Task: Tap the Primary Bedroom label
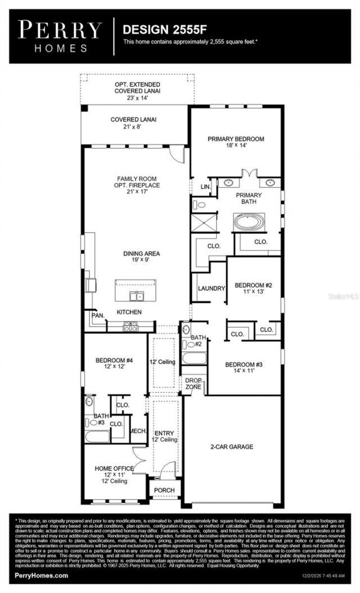[236, 142]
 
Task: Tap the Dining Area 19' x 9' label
[141, 257]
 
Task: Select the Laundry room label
[211, 288]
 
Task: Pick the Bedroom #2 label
[253, 288]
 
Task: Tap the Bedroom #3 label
[244, 368]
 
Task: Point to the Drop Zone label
[193, 384]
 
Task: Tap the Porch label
[164, 490]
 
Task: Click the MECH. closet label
[138, 431]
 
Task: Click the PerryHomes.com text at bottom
[41, 575]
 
